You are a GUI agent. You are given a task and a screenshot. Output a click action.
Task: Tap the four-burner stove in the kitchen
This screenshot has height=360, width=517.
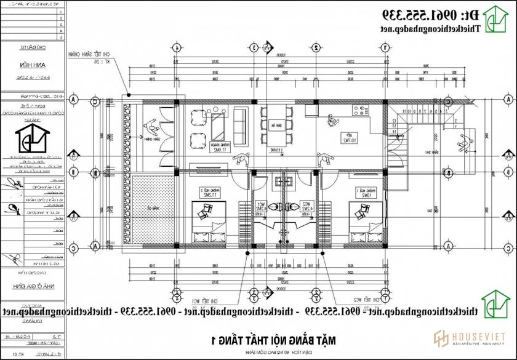(x=359, y=111)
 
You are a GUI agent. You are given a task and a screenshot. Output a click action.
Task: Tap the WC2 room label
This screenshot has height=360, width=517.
(x=304, y=206)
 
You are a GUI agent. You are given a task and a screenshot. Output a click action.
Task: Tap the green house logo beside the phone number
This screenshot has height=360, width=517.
(x=493, y=20)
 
